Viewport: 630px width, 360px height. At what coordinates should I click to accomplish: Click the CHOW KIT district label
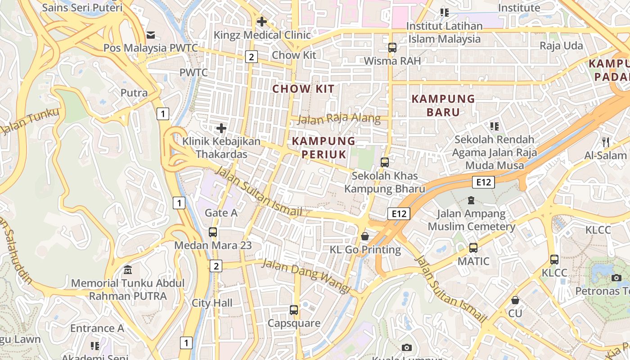click(304, 89)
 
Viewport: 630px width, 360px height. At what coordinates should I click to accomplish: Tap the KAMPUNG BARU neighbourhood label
click(443, 105)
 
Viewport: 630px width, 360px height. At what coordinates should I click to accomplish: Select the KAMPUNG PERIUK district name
click(324, 148)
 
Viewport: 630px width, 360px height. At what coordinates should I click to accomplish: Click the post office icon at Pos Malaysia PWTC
click(151, 35)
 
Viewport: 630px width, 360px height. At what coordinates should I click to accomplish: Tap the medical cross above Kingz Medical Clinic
click(261, 21)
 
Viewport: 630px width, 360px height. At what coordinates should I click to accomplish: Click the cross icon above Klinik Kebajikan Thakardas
click(221, 128)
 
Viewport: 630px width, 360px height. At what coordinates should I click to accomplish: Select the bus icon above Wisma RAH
click(392, 47)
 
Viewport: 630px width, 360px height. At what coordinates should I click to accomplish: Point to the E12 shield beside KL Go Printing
click(399, 214)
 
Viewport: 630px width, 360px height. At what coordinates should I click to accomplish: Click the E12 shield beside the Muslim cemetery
click(483, 182)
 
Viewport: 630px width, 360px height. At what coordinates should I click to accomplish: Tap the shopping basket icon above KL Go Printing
click(365, 236)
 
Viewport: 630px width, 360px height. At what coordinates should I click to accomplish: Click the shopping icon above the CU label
click(515, 300)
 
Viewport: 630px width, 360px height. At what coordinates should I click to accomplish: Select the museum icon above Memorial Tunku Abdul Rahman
click(128, 270)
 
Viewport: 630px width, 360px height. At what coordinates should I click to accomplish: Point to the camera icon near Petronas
click(616, 278)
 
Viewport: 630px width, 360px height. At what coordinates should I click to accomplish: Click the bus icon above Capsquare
click(294, 310)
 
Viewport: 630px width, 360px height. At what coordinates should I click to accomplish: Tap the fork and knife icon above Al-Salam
click(606, 142)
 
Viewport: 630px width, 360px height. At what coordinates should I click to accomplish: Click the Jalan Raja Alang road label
click(339, 119)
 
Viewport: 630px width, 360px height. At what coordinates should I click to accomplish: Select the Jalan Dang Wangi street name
click(306, 276)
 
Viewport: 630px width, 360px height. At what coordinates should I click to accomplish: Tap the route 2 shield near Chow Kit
click(251, 57)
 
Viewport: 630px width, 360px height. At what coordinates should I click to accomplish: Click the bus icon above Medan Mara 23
click(213, 232)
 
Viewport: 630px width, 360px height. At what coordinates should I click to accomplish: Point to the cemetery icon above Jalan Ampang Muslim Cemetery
click(471, 200)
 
